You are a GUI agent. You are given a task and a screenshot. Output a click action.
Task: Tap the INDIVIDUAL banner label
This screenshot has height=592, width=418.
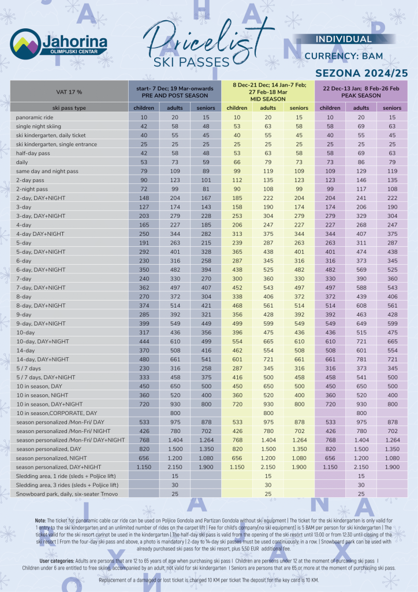click(x=344, y=39)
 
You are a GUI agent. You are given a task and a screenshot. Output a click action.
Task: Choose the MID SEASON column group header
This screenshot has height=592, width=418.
click(x=267, y=99)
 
